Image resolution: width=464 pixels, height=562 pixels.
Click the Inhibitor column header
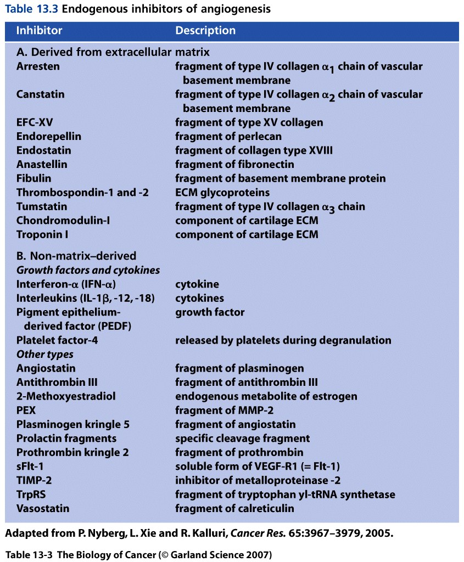[39, 31]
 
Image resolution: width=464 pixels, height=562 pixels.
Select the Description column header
[205, 31]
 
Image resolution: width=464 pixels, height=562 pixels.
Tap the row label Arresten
[38, 66]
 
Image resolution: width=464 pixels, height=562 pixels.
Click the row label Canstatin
[40, 94]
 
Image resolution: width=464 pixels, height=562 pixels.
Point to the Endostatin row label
[43, 150]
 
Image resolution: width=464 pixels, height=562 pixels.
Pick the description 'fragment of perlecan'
[228, 136]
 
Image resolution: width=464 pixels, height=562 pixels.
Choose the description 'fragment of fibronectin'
[234, 164]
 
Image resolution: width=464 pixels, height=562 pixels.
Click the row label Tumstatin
[42, 206]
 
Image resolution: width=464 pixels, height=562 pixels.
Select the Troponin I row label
[41, 234]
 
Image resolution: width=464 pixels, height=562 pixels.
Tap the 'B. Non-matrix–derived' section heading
[76, 256]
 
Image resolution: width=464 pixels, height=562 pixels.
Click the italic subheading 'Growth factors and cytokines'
[88, 270]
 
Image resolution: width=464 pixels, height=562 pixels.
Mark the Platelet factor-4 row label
[57, 340]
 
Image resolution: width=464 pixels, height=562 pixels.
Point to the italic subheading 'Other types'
[45, 354]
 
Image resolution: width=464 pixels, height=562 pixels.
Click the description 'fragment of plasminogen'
[239, 368]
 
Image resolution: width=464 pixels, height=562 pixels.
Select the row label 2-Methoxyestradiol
[66, 396]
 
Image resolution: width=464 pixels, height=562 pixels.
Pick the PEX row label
[26, 410]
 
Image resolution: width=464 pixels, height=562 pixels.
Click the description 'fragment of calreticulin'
[234, 509]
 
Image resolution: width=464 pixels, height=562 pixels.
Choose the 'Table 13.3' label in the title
[27, 9]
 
